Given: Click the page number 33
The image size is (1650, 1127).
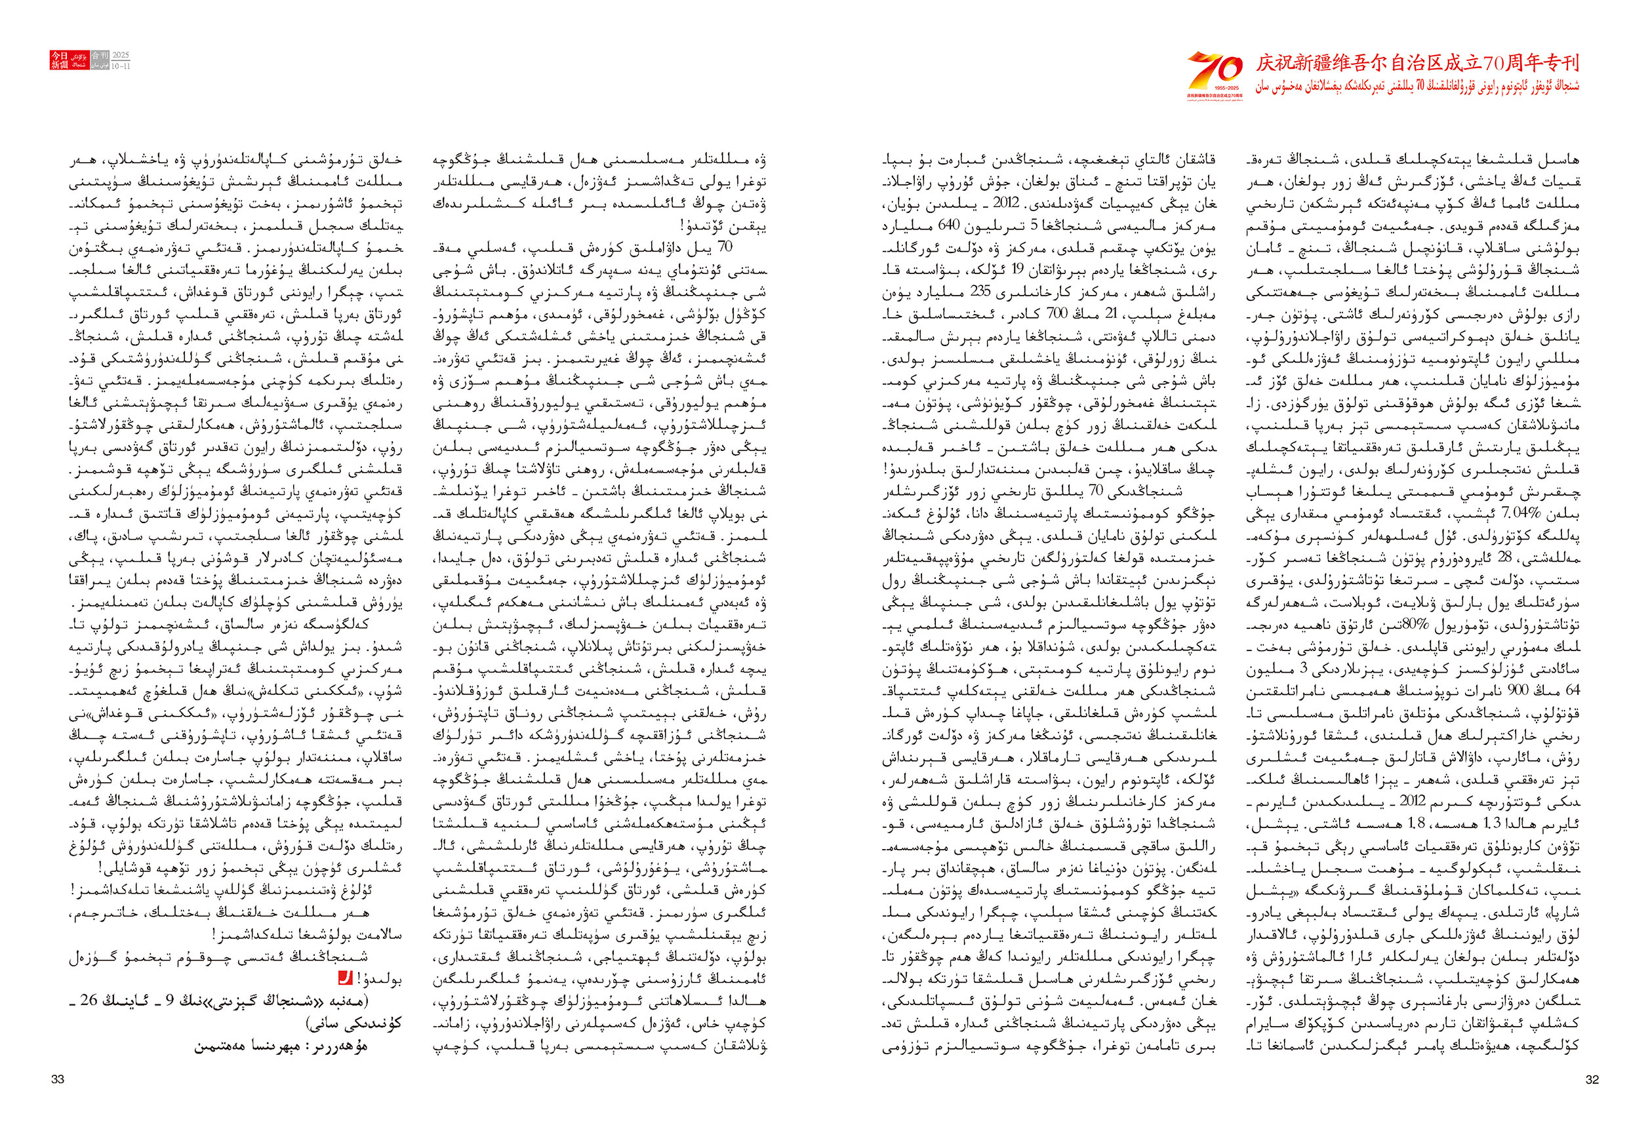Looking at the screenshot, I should click(x=58, y=1079).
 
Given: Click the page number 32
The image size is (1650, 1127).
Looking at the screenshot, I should click(x=1592, y=1079).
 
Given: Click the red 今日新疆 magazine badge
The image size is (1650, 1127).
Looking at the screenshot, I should click(x=59, y=60).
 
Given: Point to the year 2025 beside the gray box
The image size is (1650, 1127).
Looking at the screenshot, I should click(x=121, y=54).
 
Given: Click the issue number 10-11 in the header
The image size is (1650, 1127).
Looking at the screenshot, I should click(x=121, y=66).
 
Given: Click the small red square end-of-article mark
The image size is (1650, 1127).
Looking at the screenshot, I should click(x=345, y=979).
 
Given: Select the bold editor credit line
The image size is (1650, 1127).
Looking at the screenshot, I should click(x=281, y=1046).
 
